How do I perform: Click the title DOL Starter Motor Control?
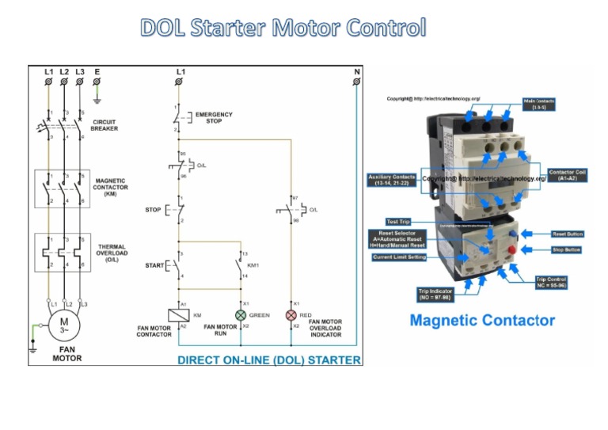click(283, 28)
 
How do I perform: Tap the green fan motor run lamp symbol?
click(241, 315)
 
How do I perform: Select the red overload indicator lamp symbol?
click(291, 315)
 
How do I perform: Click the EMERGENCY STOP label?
click(214, 117)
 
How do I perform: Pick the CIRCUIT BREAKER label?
click(104, 125)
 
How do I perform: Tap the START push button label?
click(154, 265)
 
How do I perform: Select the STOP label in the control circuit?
click(153, 210)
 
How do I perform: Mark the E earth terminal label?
click(97, 72)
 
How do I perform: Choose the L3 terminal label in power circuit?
click(80, 72)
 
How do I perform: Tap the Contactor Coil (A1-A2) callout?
click(568, 175)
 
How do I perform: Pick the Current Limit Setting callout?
click(400, 257)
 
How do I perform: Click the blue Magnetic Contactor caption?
click(481, 321)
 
